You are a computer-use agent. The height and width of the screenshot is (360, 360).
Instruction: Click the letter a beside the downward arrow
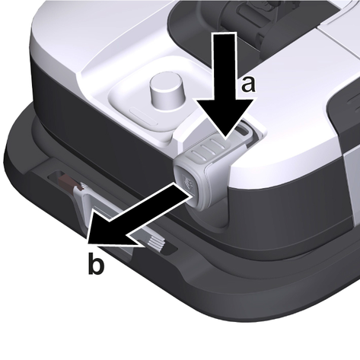[x=248, y=84]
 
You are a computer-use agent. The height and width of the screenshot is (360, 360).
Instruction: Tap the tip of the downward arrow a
[x=225, y=139]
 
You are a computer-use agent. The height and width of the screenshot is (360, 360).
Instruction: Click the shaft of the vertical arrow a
[x=225, y=66]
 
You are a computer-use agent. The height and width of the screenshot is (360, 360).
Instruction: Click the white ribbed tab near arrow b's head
[x=155, y=244]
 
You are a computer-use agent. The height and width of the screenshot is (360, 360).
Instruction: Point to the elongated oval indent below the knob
[x=144, y=116]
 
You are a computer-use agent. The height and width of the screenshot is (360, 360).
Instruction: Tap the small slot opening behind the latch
[x=243, y=129]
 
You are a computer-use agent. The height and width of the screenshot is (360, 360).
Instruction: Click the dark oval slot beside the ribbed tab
[x=170, y=249]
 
